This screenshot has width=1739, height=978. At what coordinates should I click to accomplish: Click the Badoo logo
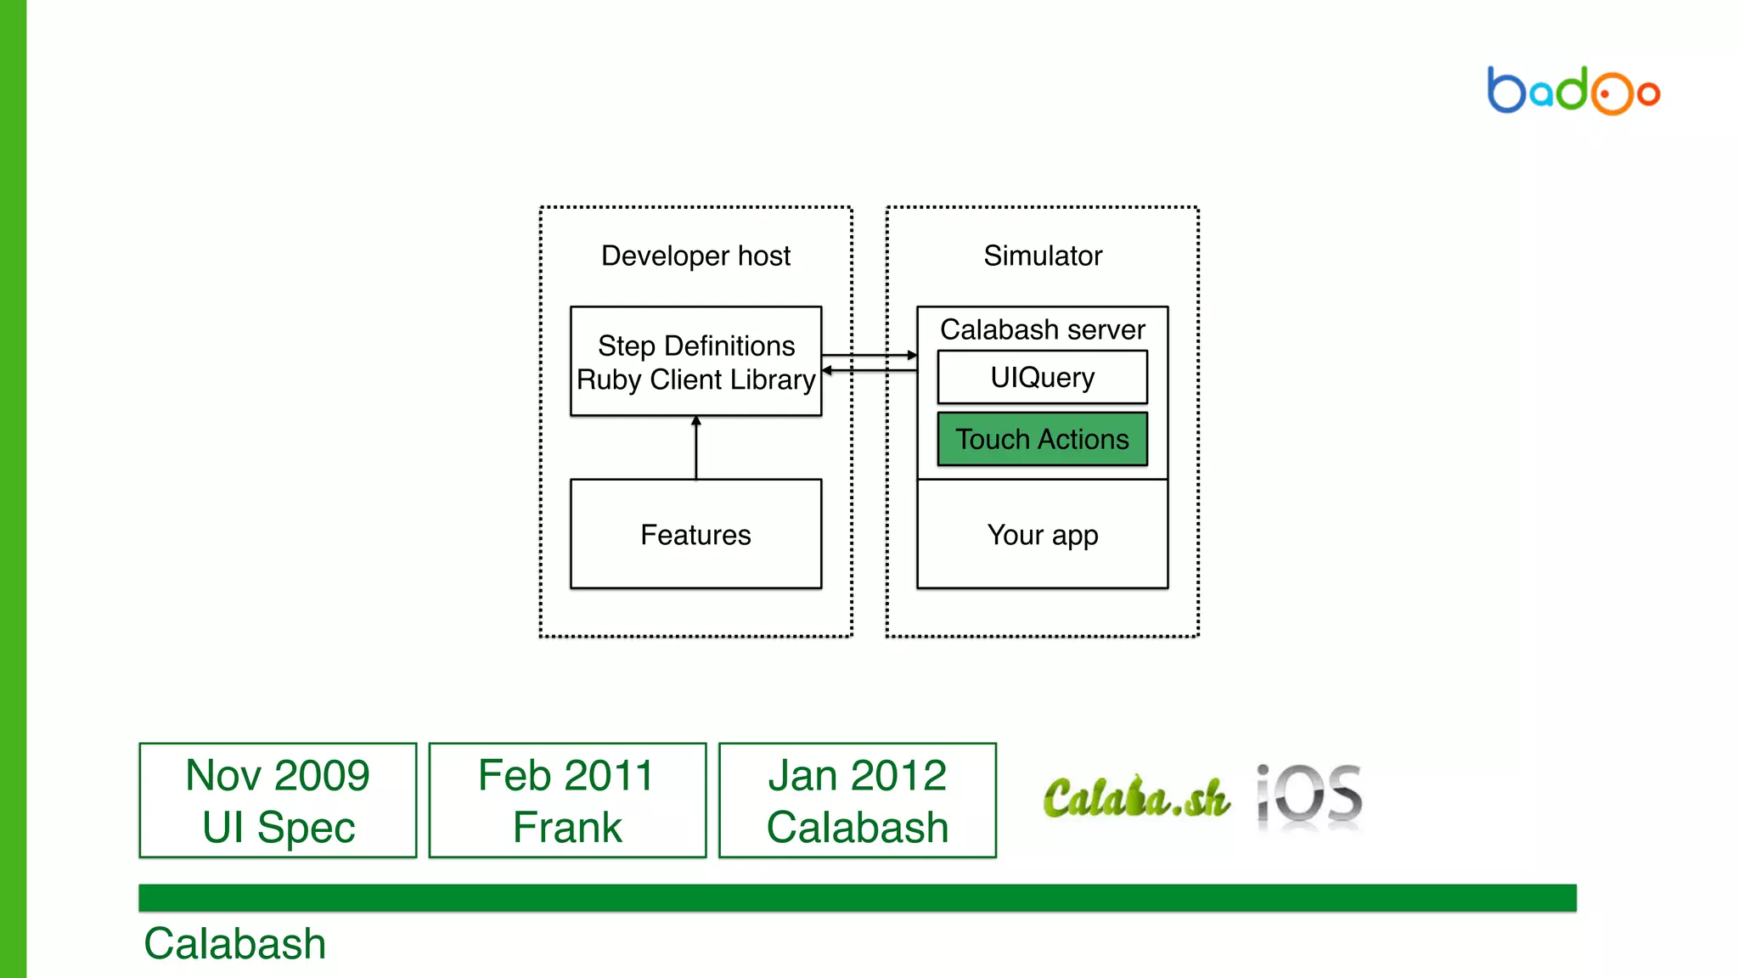1573,91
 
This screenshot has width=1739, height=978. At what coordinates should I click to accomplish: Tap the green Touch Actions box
1042,439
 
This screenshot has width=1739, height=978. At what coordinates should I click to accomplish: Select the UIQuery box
1042,377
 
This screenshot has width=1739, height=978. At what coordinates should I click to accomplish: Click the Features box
695,534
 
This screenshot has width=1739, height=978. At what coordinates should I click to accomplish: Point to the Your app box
1042,535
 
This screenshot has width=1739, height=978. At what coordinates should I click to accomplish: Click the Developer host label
695,256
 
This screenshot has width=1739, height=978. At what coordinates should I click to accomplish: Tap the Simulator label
1043,256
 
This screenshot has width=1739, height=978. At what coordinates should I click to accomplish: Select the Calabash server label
1042,329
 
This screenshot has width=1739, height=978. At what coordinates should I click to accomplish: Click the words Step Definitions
696,346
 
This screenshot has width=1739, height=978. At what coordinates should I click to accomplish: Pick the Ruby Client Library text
696,379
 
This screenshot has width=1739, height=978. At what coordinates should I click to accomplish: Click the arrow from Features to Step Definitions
696,447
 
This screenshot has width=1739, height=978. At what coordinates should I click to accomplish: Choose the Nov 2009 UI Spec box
278,801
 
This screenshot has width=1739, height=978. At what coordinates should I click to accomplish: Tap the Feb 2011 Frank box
567,801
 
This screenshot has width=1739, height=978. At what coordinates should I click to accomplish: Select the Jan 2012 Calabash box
857,801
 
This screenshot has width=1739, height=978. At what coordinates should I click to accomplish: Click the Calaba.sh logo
1136,797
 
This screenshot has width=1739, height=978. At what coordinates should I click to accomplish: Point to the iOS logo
1309,796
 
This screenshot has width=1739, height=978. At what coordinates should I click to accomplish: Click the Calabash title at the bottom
235,943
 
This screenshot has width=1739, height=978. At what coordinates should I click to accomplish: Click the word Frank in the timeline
567,827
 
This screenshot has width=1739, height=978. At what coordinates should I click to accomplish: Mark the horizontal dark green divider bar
857,897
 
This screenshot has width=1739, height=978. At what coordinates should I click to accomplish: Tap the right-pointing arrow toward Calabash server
869,355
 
